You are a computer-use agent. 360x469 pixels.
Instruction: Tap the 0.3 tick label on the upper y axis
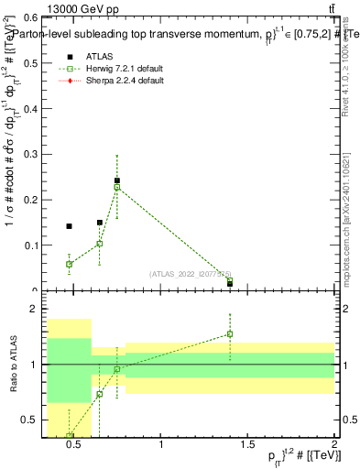tap(29, 154)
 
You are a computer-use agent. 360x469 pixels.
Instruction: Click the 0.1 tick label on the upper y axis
tap(29, 245)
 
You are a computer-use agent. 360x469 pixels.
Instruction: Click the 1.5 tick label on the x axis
tap(248, 445)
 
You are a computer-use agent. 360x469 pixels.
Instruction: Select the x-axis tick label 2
tap(334, 445)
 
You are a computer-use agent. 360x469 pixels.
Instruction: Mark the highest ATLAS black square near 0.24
tap(117, 181)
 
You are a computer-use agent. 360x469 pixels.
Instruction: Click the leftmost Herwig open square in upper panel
tap(69, 264)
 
